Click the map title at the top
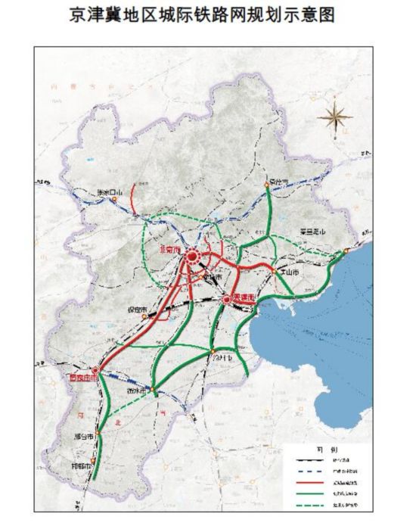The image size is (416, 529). pyautogui.click(x=207, y=15)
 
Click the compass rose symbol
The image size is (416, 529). pyautogui.click(x=333, y=117)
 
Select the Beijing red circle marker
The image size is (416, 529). pyautogui.click(x=191, y=259)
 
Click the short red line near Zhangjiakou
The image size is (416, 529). pyautogui.click(x=133, y=198)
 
